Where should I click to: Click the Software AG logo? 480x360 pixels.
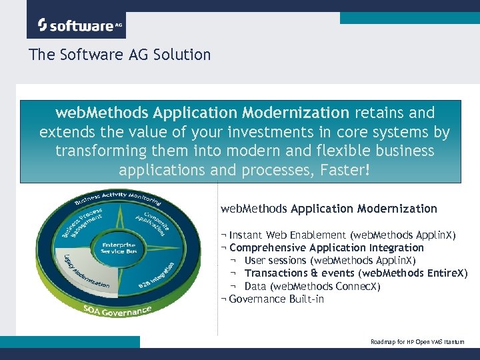[76, 25]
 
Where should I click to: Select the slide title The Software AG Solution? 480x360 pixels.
[120, 55]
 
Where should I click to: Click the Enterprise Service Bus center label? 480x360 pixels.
[118, 247]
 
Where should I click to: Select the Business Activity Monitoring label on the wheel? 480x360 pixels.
[118, 199]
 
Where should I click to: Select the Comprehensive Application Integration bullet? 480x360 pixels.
[323, 248]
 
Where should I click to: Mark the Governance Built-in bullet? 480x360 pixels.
[273, 299]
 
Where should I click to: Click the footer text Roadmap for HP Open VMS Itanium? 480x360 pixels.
[417, 342]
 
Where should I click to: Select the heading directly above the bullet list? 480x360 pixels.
[329, 209]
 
